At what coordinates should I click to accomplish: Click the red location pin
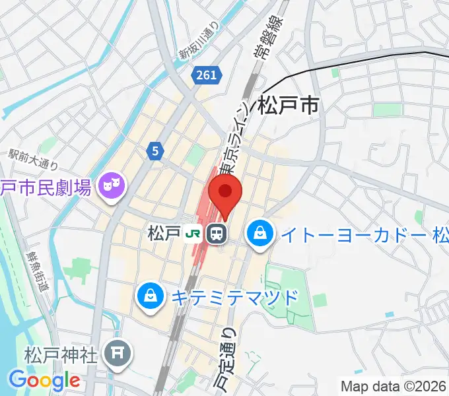225,193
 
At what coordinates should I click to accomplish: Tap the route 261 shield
206,75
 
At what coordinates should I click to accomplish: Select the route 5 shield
155,151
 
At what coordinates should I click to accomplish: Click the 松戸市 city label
289,106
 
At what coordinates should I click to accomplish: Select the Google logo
44,380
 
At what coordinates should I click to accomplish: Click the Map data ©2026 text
394,387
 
